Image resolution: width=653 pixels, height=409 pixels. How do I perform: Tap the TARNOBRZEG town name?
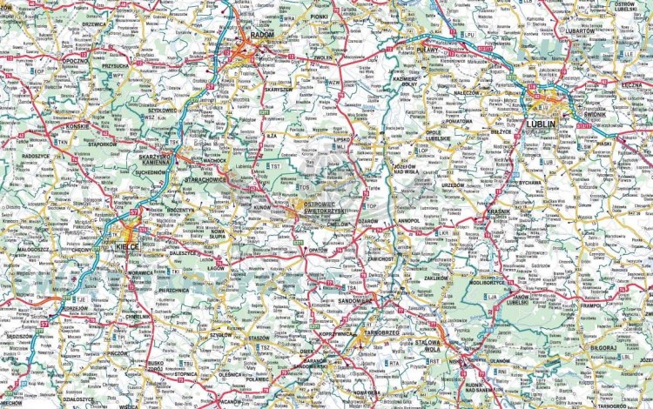381,331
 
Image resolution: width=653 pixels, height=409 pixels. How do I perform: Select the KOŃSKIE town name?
77,125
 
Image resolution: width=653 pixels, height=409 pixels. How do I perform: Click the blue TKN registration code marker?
63,141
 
